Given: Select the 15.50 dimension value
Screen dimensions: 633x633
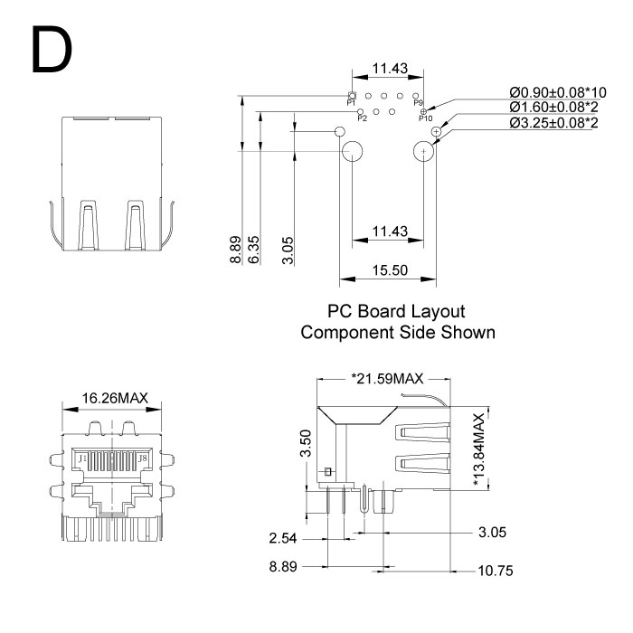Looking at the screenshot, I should click(390, 269).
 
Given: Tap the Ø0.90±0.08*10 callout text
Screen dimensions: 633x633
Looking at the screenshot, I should click(558, 93).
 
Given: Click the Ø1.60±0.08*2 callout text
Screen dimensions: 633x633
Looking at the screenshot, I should click(553, 108).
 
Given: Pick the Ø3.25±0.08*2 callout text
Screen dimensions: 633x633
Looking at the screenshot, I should click(553, 122).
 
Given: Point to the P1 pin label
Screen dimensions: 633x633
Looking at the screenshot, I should click(352, 104).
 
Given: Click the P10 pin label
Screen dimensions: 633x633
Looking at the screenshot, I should click(425, 118).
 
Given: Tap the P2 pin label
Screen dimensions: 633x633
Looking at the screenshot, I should click(362, 118).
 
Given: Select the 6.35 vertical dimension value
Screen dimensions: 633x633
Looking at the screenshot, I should click(254, 250).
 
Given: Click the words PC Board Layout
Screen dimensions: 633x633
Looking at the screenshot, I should click(398, 312).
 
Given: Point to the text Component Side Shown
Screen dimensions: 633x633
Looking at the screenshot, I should click(398, 332).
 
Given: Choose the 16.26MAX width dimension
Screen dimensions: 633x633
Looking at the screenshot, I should click(115, 397).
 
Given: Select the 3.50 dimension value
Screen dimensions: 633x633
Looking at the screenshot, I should click(306, 444).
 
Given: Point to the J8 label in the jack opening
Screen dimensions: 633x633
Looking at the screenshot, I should click(142, 459).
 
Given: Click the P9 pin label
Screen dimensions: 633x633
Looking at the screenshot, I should click(418, 105).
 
